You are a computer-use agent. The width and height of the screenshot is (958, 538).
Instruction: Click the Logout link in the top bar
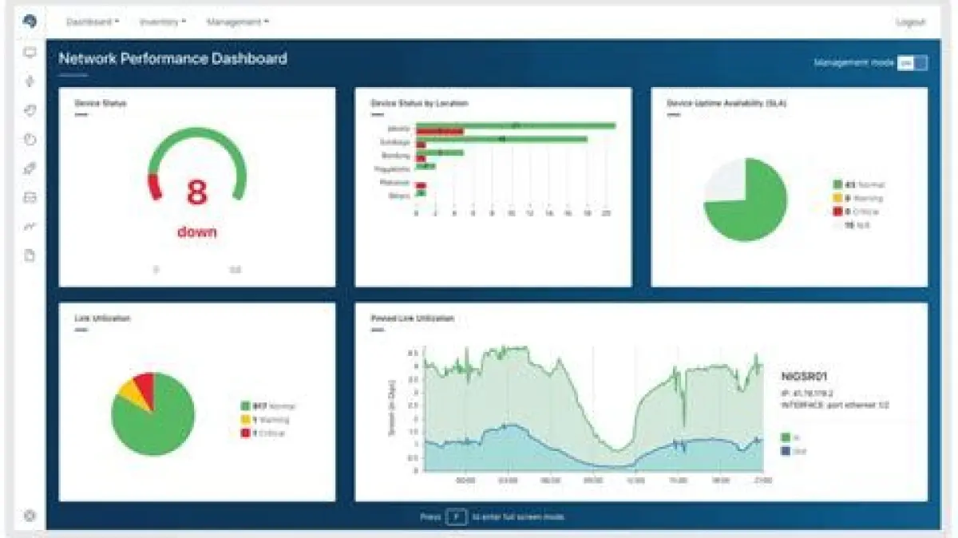pos(910,22)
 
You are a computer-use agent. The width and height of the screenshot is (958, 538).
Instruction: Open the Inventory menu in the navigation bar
pos(162,22)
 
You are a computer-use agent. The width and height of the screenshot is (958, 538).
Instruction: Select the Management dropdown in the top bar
pos(237,22)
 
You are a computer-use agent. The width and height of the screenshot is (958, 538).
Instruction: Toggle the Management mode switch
pos(912,63)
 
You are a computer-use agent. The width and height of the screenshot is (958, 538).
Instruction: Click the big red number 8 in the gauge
pos(197,192)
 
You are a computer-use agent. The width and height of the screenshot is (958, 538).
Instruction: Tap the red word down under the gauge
pos(197,231)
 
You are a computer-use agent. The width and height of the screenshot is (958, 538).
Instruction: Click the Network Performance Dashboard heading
pos(172,58)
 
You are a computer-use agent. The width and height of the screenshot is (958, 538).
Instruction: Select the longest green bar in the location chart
pos(516,125)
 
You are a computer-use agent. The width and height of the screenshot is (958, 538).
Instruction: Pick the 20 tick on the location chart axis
pos(606,214)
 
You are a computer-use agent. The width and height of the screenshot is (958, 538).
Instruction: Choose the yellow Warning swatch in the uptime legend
pos(837,198)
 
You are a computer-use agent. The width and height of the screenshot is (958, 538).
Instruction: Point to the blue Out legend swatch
pos(786,452)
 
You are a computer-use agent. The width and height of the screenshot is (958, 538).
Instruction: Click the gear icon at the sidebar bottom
pos(30,516)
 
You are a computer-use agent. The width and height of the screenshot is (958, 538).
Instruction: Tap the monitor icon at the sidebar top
pos(30,53)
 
